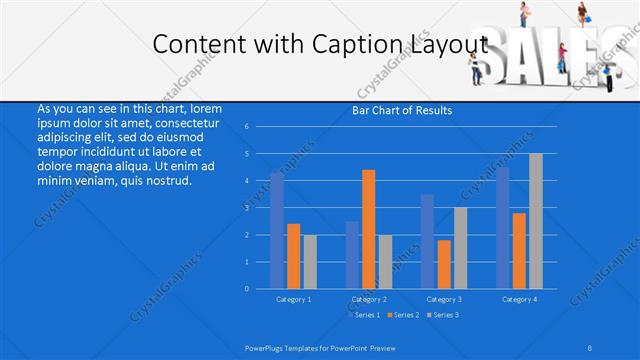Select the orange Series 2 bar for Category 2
(x=368, y=229)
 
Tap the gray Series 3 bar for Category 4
(x=536, y=221)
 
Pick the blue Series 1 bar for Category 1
(x=277, y=230)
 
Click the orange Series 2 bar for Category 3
(x=444, y=264)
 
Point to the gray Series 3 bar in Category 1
(x=310, y=261)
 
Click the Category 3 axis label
(x=444, y=299)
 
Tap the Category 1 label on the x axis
(x=293, y=299)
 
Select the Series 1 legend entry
(x=366, y=315)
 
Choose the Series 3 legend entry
(x=442, y=315)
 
